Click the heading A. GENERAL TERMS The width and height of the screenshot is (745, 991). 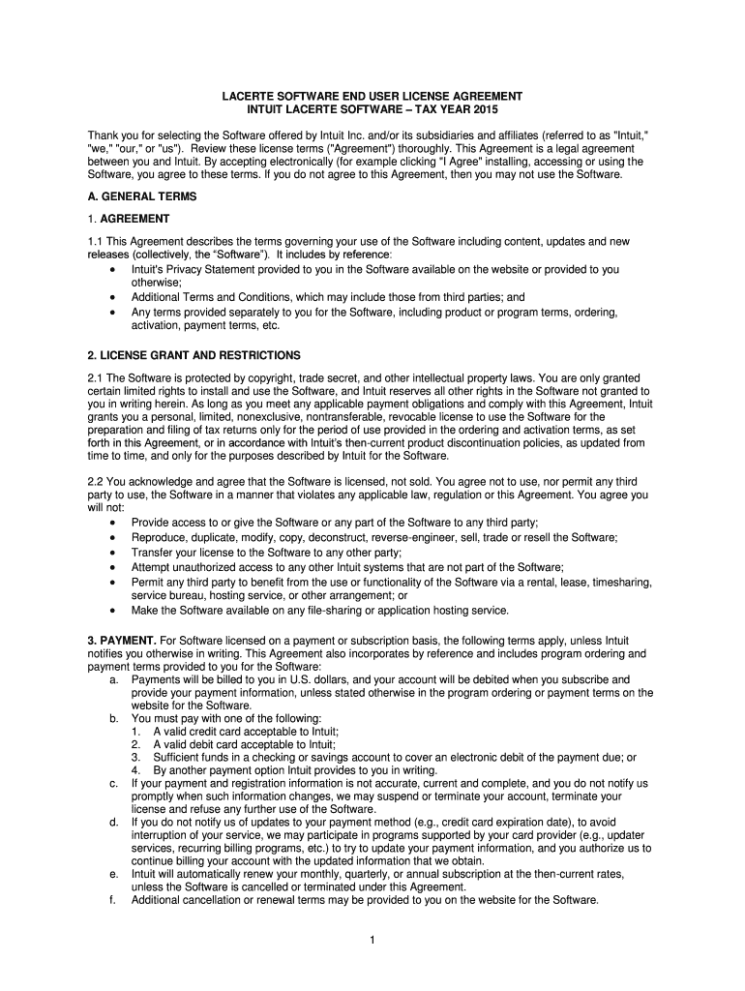pyautogui.click(x=142, y=196)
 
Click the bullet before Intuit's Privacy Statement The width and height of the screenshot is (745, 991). pyautogui.click(x=115, y=269)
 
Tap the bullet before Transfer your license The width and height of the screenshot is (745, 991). pyautogui.click(x=115, y=553)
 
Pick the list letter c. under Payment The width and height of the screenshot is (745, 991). pyautogui.click(x=115, y=782)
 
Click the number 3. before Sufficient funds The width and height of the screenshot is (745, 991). pyautogui.click(x=136, y=758)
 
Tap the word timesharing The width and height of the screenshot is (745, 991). pyautogui.click(x=621, y=582)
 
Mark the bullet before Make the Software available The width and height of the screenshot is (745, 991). pyautogui.click(x=115, y=611)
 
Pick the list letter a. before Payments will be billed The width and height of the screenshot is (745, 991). pyautogui.click(x=115, y=680)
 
